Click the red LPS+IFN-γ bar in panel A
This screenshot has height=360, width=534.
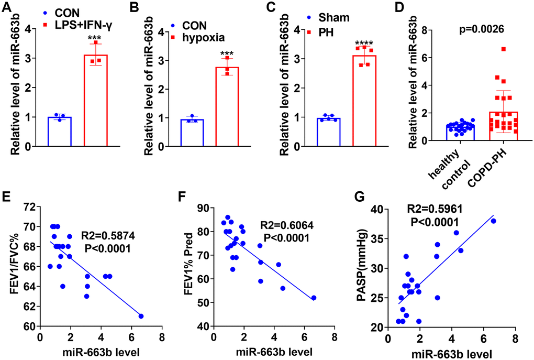pyautogui.click(x=95, y=100)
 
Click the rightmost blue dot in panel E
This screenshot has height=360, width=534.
pyautogui.click(x=141, y=316)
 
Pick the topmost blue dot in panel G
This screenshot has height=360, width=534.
pyautogui.click(x=493, y=221)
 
